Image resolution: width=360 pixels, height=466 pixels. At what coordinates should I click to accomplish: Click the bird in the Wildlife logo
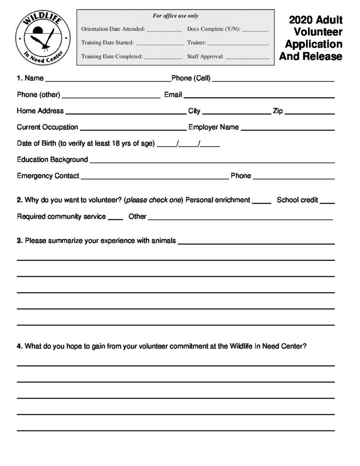coord(47,39)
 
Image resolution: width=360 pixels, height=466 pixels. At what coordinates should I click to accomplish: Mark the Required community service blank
coord(116,218)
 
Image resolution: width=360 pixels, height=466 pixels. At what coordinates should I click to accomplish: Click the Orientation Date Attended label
coord(113,29)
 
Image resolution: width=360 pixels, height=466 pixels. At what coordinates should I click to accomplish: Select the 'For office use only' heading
coord(175,16)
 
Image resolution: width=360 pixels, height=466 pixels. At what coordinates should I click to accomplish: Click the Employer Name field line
coord(288,129)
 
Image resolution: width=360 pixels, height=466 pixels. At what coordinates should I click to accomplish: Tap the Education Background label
coord(52,160)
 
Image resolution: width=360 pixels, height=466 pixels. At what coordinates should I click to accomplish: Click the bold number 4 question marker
coord(19,346)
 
